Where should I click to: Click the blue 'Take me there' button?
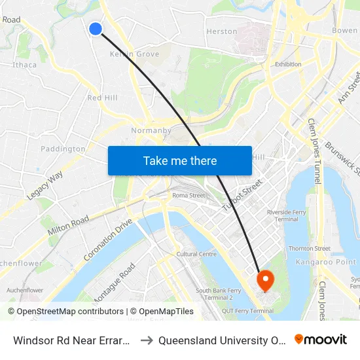pos(180,160)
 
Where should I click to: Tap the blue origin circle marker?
pos(96,28)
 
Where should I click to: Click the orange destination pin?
pos(266,281)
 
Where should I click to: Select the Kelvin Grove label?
pos(135,54)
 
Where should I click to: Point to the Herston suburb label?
pos(222,31)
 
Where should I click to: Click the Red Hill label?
pos(103,98)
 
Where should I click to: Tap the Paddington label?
pos(63,149)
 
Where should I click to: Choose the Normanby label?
pos(151,130)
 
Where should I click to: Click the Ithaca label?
pos(24,65)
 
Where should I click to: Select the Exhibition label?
pos(288,64)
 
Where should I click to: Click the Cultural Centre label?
pos(196,254)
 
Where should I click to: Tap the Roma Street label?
pos(189,195)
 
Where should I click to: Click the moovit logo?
pos(321,339)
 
